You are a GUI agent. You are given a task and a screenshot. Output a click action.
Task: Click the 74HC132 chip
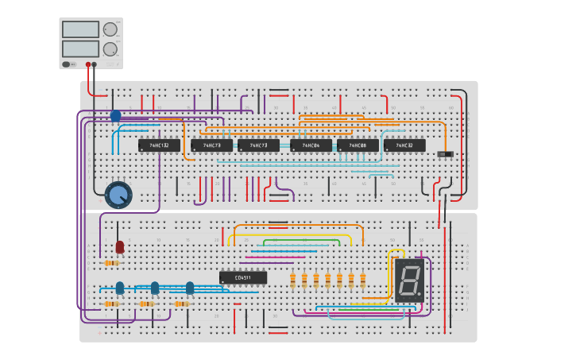click(158, 145)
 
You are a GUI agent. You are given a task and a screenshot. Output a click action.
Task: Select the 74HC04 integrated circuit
click(311, 145)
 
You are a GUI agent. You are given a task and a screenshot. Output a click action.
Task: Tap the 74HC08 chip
click(358, 145)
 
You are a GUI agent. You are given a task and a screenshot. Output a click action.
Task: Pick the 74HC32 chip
click(404, 145)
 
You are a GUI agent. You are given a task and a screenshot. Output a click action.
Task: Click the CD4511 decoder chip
click(243, 277)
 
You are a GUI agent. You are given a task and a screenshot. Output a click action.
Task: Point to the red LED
click(120, 246)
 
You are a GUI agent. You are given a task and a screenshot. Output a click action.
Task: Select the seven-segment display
click(409, 280)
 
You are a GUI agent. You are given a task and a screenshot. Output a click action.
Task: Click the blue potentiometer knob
click(118, 195)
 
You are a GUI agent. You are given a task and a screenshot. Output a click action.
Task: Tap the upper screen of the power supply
click(80, 29)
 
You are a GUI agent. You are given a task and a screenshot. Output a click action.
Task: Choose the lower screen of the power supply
click(80, 48)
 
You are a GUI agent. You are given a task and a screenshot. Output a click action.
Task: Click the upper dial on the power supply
click(110, 29)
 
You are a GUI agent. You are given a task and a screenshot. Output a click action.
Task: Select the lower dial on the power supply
click(110, 48)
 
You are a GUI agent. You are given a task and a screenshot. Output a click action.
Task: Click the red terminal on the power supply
click(87, 64)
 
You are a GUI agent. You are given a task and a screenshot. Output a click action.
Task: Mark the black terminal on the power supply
click(95, 64)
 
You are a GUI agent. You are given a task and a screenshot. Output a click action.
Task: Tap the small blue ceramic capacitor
click(115, 116)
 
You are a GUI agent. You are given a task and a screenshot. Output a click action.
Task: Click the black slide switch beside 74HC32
click(446, 153)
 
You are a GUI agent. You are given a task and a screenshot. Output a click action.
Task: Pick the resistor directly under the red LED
click(111, 263)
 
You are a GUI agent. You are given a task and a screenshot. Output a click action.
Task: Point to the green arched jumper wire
click(302, 241)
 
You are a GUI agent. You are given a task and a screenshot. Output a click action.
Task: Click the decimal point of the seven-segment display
click(420, 296)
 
